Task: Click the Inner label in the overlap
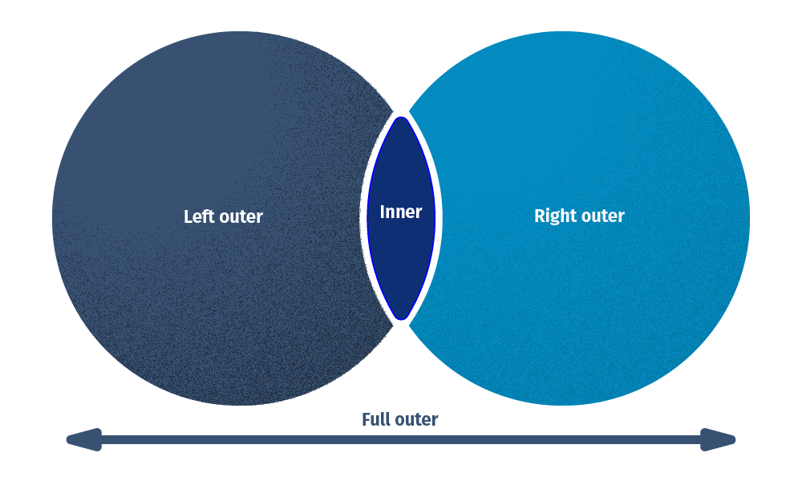click(400, 212)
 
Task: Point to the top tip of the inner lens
click(401, 118)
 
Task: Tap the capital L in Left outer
click(188, 216)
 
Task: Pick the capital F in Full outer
click(366, 419)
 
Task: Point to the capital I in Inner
click(383, 212)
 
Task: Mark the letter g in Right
click(557, 218)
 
